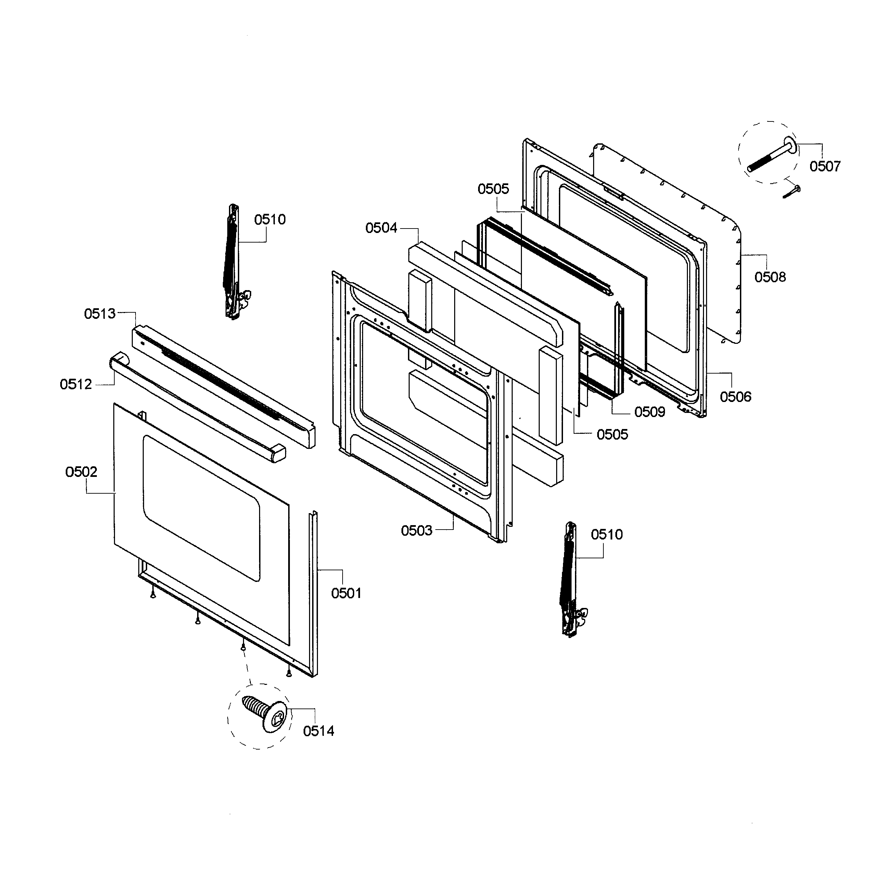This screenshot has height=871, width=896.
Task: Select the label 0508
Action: [770, 277]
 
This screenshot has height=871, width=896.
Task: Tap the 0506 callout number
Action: [735, 396]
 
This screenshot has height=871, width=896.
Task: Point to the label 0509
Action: [649, 412]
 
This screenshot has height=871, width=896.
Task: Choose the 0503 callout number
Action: [417, 531]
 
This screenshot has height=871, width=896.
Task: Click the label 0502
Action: [81, 472]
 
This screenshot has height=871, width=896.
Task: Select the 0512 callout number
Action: [76, 384]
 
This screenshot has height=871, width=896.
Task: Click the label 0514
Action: [319, 731]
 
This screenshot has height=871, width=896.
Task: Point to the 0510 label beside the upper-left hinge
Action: [270, 220]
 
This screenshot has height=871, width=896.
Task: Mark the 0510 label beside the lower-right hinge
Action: [606, 534]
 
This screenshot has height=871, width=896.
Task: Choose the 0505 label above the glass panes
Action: [493, 189]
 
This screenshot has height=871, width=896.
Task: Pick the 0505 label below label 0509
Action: [612, 434]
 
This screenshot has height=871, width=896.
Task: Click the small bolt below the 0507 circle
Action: [792, 191]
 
